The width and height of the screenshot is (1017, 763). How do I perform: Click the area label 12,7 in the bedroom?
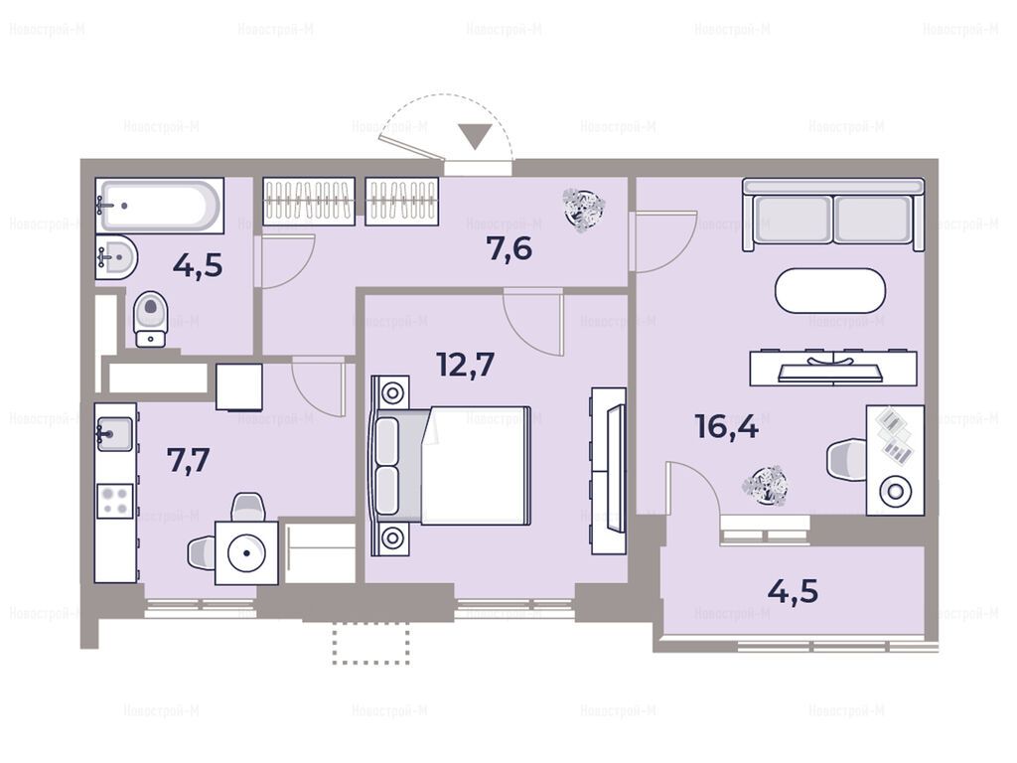(x=466, y=365)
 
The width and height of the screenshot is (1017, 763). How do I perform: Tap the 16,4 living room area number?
(x=726, y=427)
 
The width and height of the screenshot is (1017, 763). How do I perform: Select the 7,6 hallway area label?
(x=509, y=248)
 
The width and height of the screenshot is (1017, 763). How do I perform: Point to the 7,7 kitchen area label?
(x=188, y=461)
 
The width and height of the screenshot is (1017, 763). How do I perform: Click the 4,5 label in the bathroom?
(x=198, y=265)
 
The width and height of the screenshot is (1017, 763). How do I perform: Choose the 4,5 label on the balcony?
(x=793, y=591)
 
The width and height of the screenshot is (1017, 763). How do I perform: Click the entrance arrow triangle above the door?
(x=476, y=137)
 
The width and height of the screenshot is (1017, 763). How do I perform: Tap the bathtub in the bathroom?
(x=160, y=206)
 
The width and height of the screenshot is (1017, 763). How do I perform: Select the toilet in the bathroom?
(x=151, y=319)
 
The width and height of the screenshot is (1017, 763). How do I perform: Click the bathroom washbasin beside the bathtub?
(x=116, y=257)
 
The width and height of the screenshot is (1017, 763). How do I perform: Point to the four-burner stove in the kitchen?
(x=115, y=501)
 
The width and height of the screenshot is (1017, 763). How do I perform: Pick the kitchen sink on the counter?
(x=115, y=434)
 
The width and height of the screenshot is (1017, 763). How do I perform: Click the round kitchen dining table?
(x=246, y=552)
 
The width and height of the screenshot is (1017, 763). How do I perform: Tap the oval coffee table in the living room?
(x=829, y=290)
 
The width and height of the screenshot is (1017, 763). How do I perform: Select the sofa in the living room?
(x=833, y=215)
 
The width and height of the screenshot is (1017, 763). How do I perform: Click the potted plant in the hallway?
(x=584, y=209)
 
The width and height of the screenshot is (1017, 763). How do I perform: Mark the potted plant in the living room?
(x=766, y=485)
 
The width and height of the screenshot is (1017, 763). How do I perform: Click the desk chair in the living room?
(x=847, y=461)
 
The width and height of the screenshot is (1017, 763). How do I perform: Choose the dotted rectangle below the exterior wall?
(x=371, y=644)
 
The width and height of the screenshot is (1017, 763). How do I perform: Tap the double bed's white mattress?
(x=476, y=465)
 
